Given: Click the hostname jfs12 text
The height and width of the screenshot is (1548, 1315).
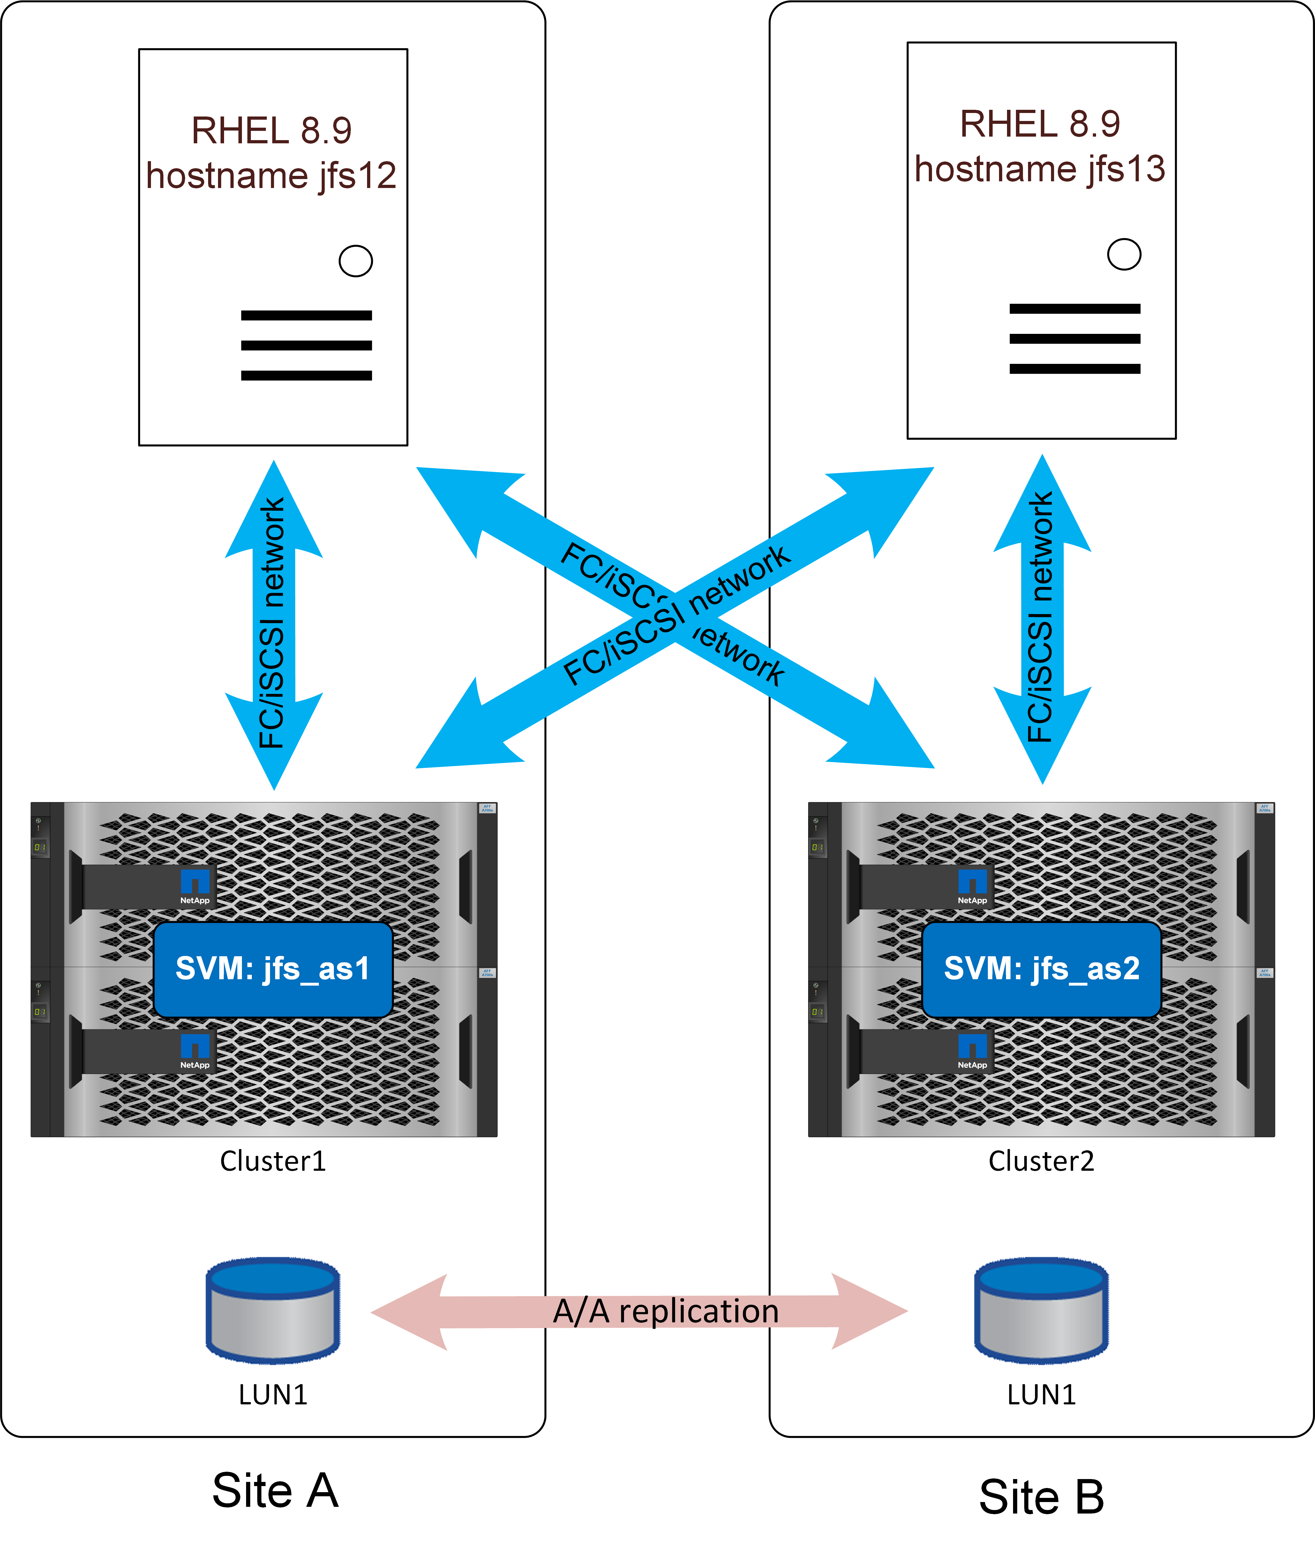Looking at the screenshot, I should (271, 176).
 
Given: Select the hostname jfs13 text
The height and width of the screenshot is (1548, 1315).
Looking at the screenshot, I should (1040, 169).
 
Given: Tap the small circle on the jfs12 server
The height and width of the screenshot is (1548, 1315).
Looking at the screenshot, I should (356, 261).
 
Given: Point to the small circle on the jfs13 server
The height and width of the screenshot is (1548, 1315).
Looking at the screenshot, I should (1124, 254).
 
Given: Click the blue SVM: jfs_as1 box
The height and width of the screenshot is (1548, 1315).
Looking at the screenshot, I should (273, 969).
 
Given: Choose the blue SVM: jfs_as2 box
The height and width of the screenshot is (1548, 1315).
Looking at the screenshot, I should (1041, 969).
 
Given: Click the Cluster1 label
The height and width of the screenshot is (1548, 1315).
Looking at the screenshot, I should (273, 1161).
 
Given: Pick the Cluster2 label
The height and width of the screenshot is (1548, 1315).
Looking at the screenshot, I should (1041, 1161).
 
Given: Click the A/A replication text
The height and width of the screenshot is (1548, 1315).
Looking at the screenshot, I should (666, 1312).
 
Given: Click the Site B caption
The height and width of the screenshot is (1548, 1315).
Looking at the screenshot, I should (1041, 1497).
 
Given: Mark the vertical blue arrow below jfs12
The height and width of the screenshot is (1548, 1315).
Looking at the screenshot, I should (274, 625).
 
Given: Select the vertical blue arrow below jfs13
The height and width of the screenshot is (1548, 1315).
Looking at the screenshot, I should (1042, 619).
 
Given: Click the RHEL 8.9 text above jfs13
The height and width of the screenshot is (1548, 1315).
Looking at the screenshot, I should (1040, 124).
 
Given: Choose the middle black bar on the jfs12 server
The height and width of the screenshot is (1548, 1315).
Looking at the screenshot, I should (306, 345).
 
